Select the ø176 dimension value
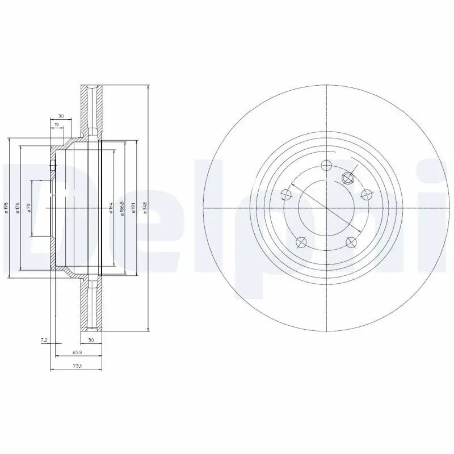click(x=18, y=208)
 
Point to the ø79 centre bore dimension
click(x=29, y=208)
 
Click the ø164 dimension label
click(x=111, y=208)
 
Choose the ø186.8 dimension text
click(x=123, y=208)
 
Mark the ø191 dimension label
click(x=134, y=208)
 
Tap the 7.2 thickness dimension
click(x=43, y=340)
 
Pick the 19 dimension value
click(x=57, y=124)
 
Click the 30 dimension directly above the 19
click(x=61, y=116)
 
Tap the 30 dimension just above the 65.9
click(x=90, y=340)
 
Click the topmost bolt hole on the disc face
click(x=326, y=166)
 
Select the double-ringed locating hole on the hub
click(x=348, y=178)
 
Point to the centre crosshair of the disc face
click(x=326, y=208)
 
